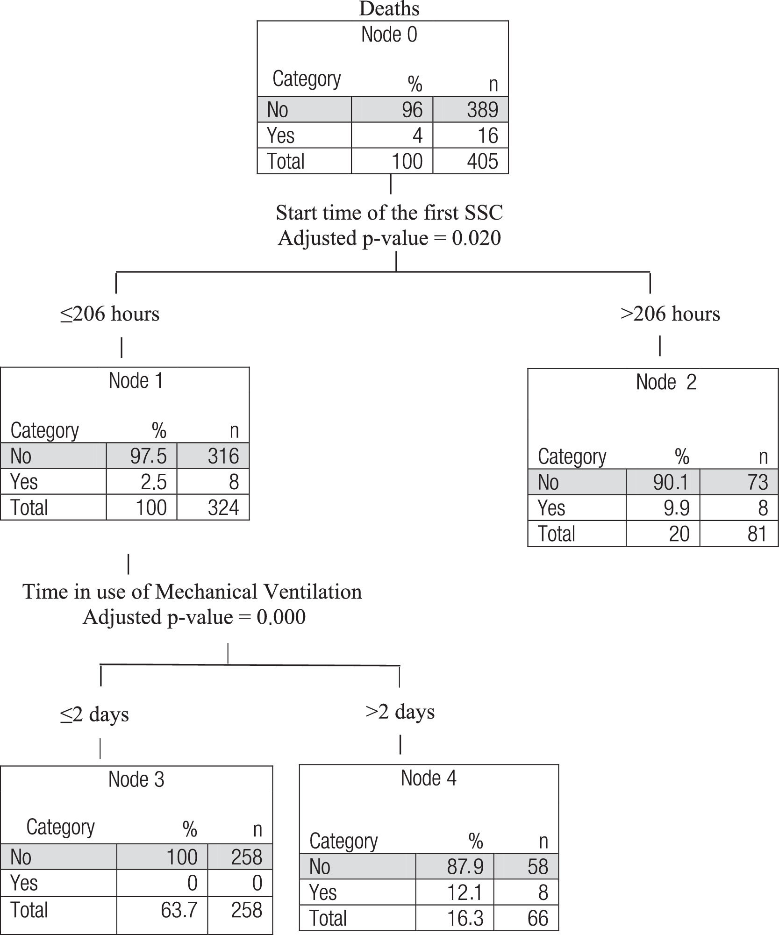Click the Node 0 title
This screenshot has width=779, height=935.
click(389, 35)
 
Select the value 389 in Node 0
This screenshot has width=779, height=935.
click(482, 110)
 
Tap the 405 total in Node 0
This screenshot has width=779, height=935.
click(482, 161)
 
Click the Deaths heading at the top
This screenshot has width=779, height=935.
click(389, 9)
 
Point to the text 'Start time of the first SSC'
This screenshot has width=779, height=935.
click(389, 213)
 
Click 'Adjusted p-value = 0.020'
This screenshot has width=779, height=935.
click(389, 238)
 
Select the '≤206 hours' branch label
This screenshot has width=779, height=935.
click(110, 314)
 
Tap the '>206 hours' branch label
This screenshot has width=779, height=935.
click(670, 314)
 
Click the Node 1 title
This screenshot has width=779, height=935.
click(136, 381)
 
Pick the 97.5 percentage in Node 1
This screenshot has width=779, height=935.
click(148, 456)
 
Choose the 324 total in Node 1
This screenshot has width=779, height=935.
click(223, 507)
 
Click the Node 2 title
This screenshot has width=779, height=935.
click(666, 382)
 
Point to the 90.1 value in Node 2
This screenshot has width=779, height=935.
click(671, 482)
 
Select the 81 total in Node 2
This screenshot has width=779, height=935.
click(757, 534)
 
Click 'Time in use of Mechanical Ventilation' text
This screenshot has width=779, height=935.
click(192, 592)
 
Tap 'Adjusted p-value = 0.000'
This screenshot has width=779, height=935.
click(194, 617)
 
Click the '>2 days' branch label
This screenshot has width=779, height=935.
click(400, 712)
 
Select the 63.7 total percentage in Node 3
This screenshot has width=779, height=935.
click(179, 910)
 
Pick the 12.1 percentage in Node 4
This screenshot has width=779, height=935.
click(465, 892)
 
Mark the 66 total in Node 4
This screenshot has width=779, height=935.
click(537, 918)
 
